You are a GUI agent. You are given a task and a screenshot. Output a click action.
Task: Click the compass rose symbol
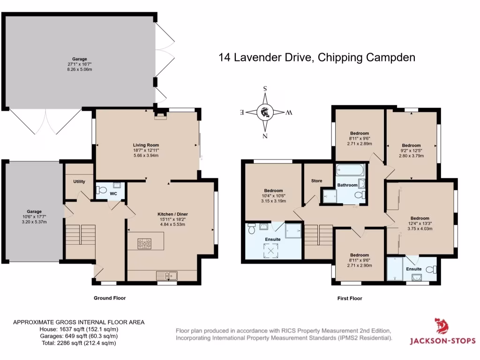click(x=265, y=112)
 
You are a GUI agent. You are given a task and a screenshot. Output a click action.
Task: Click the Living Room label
click(x=147, y=145)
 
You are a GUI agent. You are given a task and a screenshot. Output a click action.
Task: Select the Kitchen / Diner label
click(x=172, y=214)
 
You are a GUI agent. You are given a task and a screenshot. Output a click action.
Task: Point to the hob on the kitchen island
click(x=144, y=243)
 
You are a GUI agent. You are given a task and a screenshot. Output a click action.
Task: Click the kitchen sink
click(x=167, y=276)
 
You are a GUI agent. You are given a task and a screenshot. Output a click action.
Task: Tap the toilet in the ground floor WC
click(x=100, y=190)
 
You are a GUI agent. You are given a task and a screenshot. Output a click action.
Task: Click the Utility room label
click(x=79, y=181)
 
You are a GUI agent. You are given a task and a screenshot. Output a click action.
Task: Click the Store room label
click(x=317, y=180)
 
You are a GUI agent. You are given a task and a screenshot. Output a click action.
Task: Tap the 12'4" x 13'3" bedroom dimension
click(x=420, y=224)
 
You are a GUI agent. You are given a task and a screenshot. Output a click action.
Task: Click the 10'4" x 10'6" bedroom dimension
click(x=273, y=196)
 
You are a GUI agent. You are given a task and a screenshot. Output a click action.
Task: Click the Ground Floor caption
click(x=110, y=298)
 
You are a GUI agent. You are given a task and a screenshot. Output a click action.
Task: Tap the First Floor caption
click(x=350, y=298)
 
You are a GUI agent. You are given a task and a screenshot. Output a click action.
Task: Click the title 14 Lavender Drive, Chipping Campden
click(x=317, y=58)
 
